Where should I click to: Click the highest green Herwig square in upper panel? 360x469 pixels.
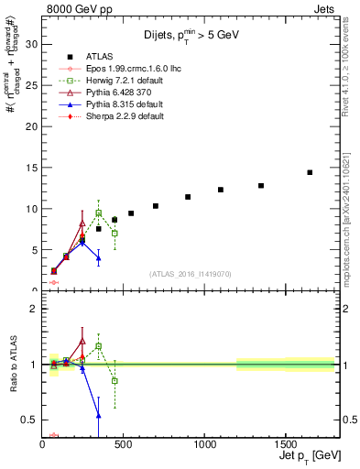(98, 213)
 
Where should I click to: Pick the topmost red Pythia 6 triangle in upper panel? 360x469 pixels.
(82, 223)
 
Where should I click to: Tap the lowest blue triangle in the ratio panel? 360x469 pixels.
(98, 415)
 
